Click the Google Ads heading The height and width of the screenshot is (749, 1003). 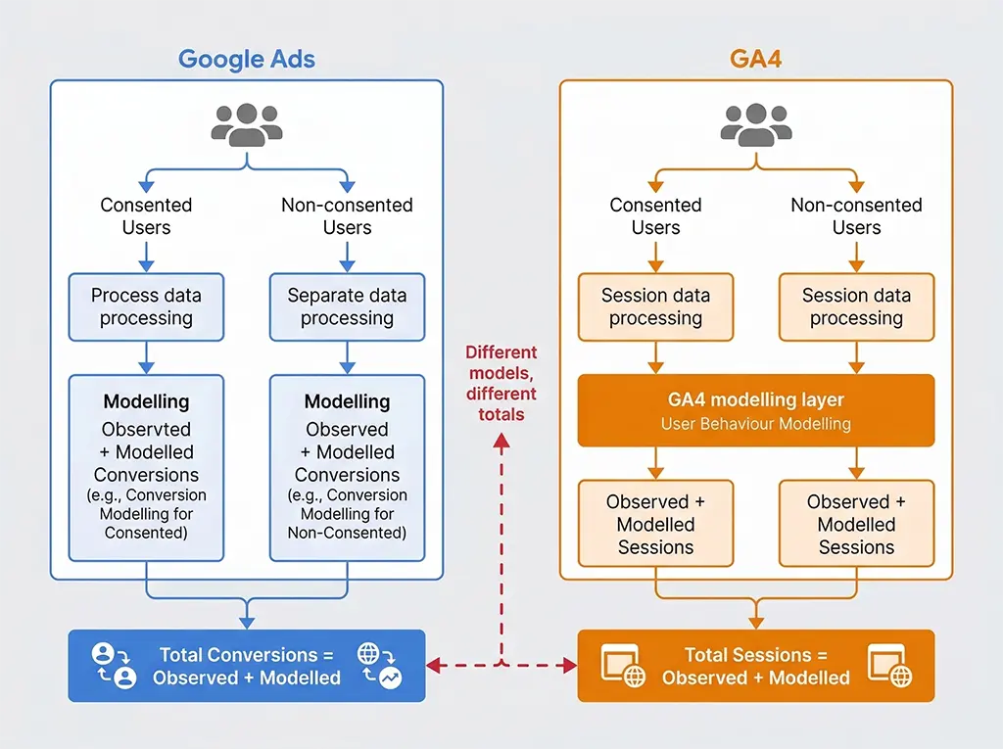pyautogui.click(x=247, y=59)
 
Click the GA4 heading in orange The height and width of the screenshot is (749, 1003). pyautogui.click(x=755, y=59)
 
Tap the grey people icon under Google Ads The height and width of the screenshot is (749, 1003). pyautogui.click(x=247, y=125)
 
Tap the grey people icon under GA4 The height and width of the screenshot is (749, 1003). pyautogui.click(x=755, y=125)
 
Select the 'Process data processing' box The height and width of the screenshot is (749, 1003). pyautogui.click(x=146, y=306)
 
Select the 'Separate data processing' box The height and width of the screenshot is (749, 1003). pyautogui.click(x=347, y=306)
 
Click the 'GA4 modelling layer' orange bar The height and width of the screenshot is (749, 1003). pyautogui.click(x=755, y=410)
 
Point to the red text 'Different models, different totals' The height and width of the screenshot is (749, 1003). pyautogui.click(x=501, y=383)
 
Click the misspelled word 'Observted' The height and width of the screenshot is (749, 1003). pyautogui.click(x=146, y=430)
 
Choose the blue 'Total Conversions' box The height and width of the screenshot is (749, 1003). pyautogui.click(x=246, y=666)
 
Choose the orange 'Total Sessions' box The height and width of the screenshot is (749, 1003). pyautogui.click(x=755, y=666)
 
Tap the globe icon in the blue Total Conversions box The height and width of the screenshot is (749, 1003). pyautogui.click(x=368, y=654)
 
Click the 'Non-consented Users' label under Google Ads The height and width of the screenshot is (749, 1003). pyautogui.click(x=347, y=216)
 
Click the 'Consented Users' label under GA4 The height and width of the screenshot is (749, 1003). pyautogui.click(x=655, y=216)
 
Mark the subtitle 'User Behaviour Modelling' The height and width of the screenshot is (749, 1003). pyautogui.click(x=755, y=424)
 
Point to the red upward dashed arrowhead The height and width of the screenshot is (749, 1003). pyautogui.click(x=501, y=443)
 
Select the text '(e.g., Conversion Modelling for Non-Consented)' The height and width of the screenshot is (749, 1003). pyautogui.click(x=347, y=514)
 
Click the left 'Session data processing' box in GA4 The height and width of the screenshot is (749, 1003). pyautogui.click(x=655, y=306)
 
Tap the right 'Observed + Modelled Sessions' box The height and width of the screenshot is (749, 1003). pyautogui.click(x=856, y=524)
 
